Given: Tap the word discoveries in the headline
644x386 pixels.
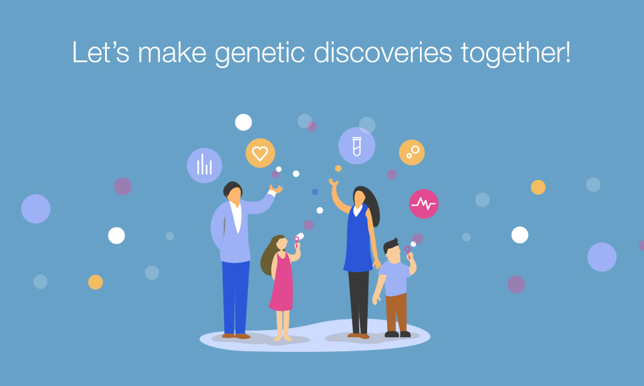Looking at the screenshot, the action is pyautogui.click(x=383, y=52).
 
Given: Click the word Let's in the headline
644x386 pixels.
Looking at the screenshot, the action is pyautogui.click(x=100, y=52).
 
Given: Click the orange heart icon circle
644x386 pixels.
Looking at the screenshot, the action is pyautogui.click(x=260, y=153).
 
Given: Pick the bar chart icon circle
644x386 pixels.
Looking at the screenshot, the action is pyautogui.click(x=204, y=165).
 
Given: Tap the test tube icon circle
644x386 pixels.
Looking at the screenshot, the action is pyautogui.click(x=357, y=145).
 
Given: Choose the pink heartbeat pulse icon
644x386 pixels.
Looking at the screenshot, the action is pyautogui.click(x=424, y=203).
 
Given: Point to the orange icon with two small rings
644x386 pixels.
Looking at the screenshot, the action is pyautogui.click(x=412, y=152).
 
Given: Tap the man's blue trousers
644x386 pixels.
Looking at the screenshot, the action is pyautogui.click(x=235, y=296).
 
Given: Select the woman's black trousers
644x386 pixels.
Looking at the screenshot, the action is pyautogui.click(x=359, y=302).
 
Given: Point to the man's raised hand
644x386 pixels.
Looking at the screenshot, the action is pyautogui.click(x=276, y=189).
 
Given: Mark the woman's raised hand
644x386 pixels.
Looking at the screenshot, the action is pyautogui.click(x=333, y=182).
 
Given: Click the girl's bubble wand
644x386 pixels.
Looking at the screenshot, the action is pyautogui.click(x=296, y=242).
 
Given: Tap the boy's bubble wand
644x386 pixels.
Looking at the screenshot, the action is pyautogui.click(x=408, y=252).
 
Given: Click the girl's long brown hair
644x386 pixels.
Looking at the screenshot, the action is pyautogui.click(x=269, y=257).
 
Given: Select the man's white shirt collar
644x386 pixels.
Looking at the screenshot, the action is pyautogui.click(x=236, y=216).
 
